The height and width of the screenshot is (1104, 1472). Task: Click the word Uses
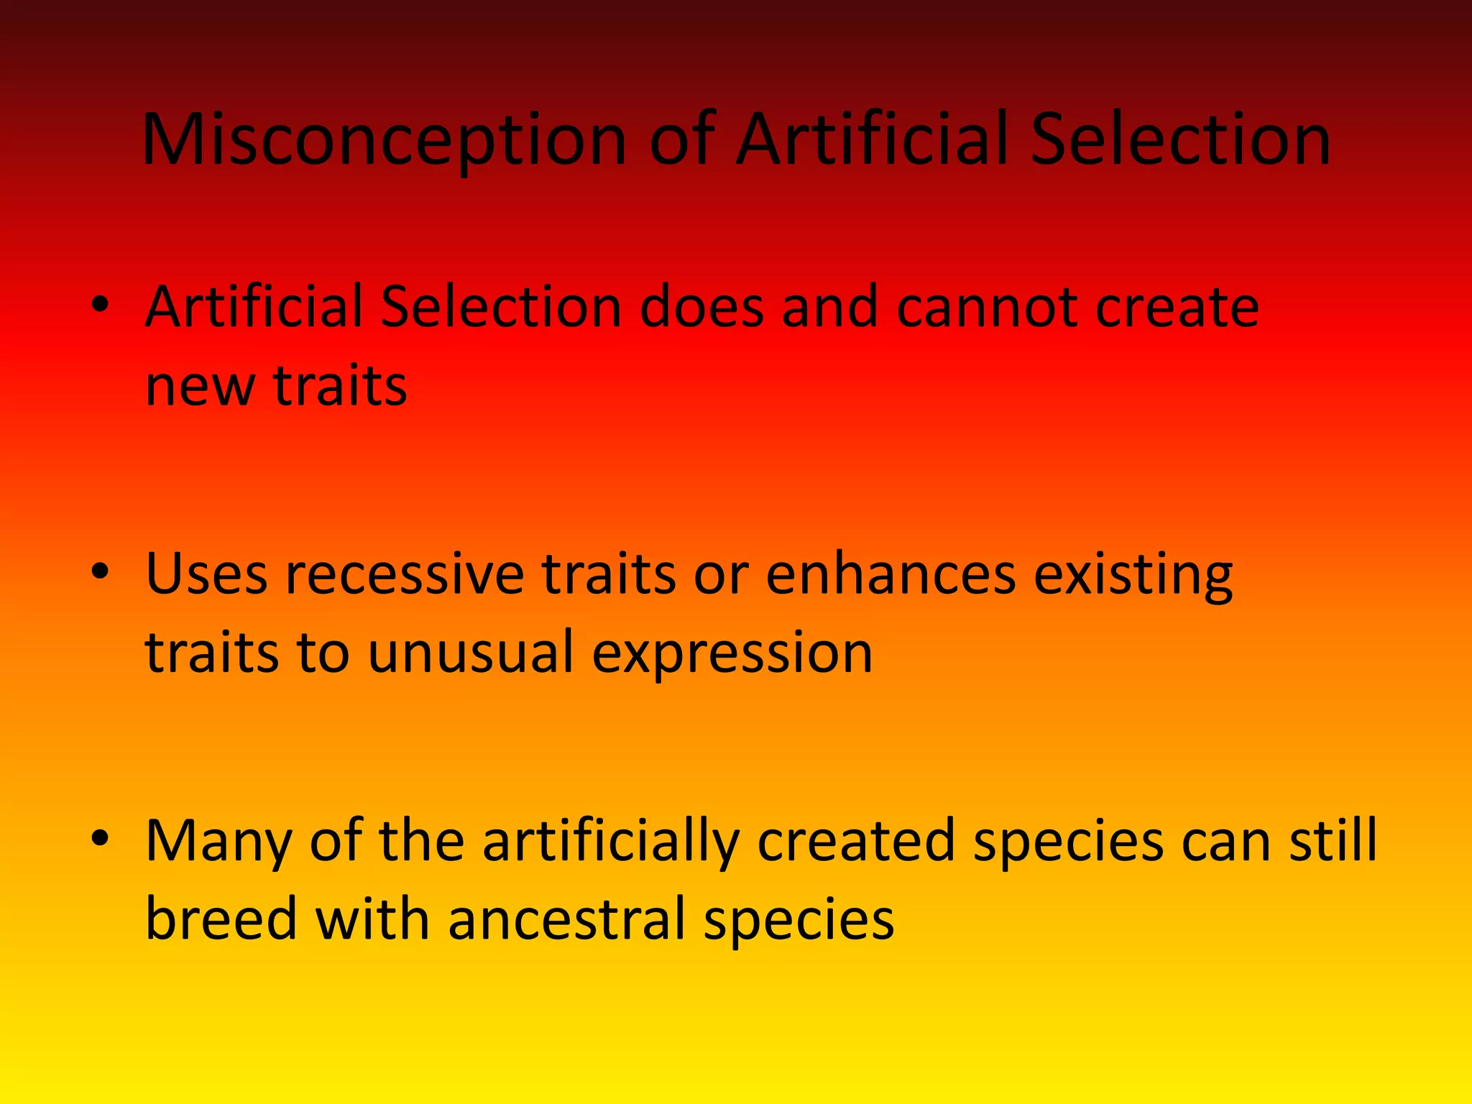206,574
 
